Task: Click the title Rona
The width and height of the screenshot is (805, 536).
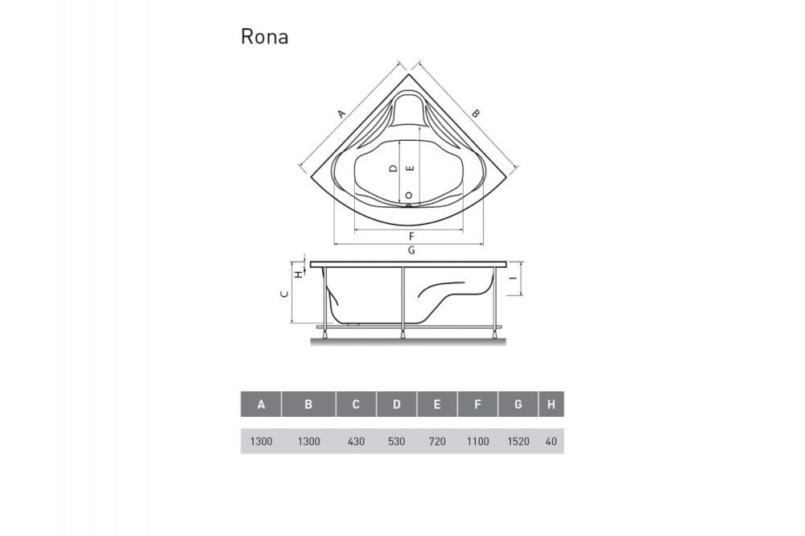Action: coord(264,38)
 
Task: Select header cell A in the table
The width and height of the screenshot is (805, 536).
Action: coord(261,405)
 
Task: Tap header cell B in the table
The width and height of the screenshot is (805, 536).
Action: coord(308,405)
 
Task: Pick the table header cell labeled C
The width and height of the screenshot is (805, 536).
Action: coord(356,405)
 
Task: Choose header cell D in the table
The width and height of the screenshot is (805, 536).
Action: coord(397,405)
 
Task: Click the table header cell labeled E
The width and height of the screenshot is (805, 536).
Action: coord(437,405)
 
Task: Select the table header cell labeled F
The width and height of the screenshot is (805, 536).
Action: coord(477,405)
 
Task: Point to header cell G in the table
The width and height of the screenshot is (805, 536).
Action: coord(518,405)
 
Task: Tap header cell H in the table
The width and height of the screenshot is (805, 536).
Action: coord(551,405)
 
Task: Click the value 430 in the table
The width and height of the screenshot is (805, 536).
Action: coord(356,441)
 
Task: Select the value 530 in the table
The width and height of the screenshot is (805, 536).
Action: coord(397,441)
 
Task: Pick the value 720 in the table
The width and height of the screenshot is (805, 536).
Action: coord(437,441)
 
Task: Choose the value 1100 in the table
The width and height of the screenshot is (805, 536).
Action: coord(477,441)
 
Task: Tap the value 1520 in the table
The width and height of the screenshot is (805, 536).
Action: coord(518,441)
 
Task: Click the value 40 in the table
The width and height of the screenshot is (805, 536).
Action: coord(551,441)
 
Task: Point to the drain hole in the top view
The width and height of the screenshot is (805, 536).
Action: coord(410,196)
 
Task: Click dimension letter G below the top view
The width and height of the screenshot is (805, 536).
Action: coord(411,251)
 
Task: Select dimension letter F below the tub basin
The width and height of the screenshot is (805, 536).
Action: coord(411,236)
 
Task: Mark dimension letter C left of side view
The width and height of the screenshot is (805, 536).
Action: coord(283,295)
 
